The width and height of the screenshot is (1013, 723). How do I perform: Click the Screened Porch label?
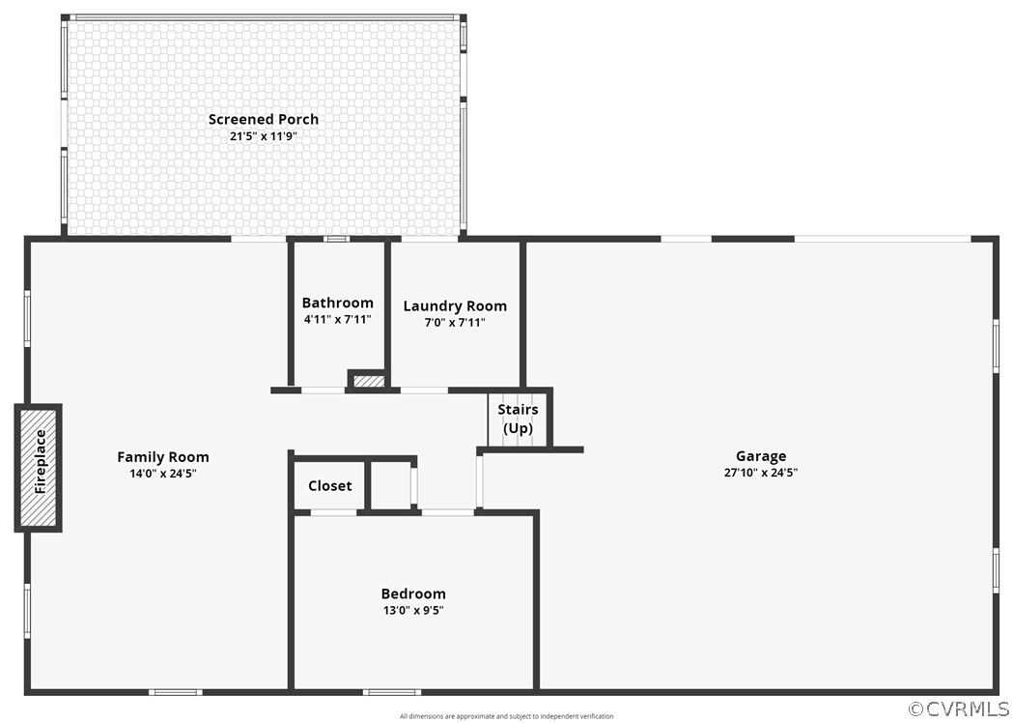pos(263,120)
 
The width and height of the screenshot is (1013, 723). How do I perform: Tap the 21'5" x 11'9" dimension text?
pos(263,136)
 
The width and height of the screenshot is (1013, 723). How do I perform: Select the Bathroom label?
pos(338,303)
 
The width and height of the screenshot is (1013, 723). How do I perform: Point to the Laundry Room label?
pos(455,306)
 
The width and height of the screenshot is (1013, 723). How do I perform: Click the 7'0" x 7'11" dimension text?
pos(455,323)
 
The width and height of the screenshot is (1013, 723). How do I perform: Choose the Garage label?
pos(761,456)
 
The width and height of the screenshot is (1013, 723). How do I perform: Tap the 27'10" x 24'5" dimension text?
pos(761,472)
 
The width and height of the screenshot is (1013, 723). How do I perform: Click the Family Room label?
pos(163,457)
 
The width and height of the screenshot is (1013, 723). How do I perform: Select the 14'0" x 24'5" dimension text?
pos(163,474)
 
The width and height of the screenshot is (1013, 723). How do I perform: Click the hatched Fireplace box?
pos(39,468)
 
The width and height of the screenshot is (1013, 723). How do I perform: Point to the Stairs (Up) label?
pos(518,419)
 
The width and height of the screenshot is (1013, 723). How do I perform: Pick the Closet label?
pos(330,485)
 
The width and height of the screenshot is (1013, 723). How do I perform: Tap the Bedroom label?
pos(413,593)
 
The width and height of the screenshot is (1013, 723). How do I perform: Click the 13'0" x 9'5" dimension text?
pos(413,610)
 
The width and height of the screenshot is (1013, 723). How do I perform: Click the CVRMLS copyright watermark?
pos(958,709)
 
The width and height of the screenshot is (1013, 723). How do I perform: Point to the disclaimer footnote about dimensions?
pos(506,716)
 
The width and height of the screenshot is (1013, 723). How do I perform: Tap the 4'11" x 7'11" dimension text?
pos(338,319)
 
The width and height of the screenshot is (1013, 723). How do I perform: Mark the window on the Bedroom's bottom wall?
pos(391,692)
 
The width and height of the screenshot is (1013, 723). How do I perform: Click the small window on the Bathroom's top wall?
pos(336,239)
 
